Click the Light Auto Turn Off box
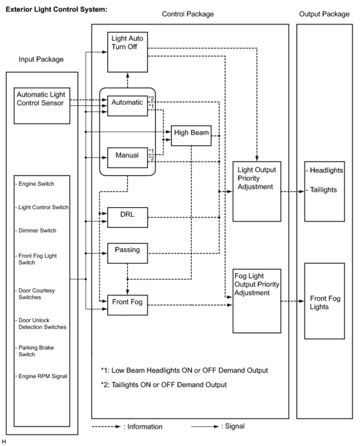127,52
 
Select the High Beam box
191,135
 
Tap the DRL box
127,217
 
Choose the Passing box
127,253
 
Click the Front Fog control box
127,305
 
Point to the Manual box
127,157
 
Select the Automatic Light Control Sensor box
42,106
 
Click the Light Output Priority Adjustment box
256,191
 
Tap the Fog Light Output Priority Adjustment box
256,301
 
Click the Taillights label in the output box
323,190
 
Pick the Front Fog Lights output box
324,301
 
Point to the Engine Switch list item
36,184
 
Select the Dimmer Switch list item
37,230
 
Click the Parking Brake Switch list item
36,351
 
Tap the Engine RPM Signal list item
43,376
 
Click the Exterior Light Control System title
57,10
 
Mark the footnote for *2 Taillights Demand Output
164,385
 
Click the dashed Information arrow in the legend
106,427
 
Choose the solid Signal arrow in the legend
205,427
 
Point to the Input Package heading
41,59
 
